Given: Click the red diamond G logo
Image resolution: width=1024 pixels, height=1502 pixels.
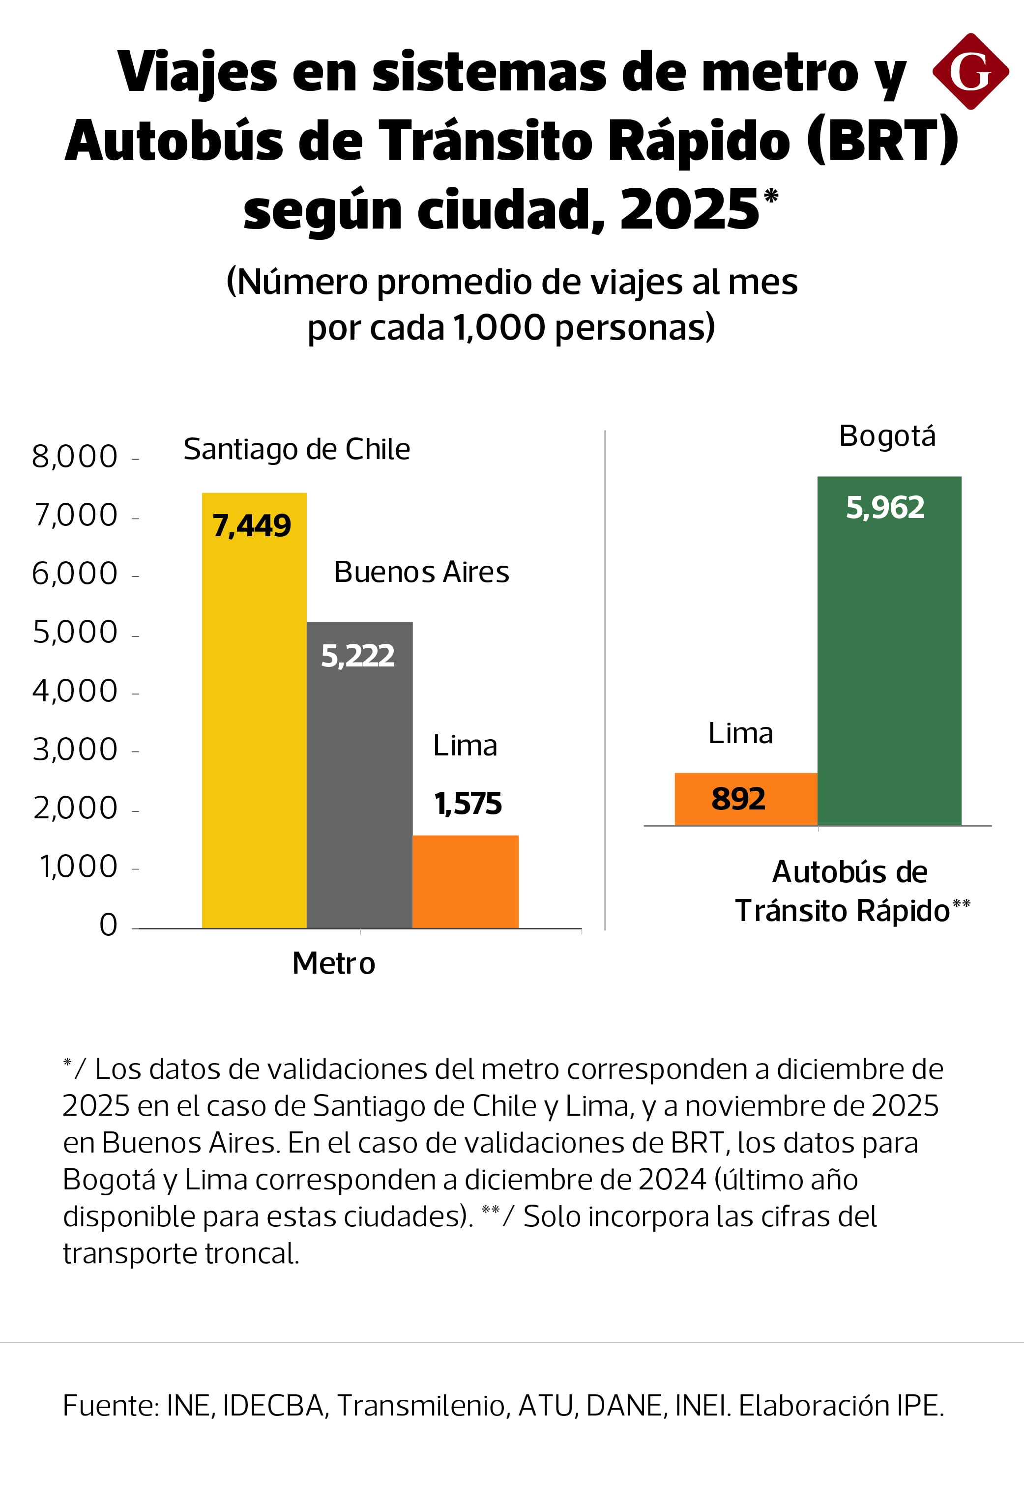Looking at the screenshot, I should pyautogui.click(x=970, y=71).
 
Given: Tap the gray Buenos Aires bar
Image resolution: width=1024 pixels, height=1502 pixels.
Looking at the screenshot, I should pyautogui.click(x=359, y=788).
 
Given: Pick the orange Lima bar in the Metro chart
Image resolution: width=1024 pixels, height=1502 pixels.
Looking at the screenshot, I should pyautogui.click(x=466, y=882).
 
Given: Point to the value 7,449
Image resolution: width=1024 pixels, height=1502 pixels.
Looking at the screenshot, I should pyautogui.click(x=252, y=525).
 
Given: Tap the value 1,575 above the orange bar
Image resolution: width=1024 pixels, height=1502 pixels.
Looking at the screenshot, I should pyautogui.click(x=468, y=804).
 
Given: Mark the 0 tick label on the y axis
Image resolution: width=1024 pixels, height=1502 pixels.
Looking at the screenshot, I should pyautogui.click(x=109, y=925).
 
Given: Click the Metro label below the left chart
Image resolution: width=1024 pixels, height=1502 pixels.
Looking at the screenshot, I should pyautogui.click(x=334, y=964).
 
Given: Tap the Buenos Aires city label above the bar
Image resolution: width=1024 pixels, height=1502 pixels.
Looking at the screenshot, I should pyautogui.click(x=421, y=572).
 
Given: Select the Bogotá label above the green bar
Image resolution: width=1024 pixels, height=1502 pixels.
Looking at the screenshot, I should pyautogui.click(x=887, y=436).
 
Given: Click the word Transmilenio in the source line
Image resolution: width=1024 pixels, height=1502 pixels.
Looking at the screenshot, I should pyautogui.click(x=421, y=1405).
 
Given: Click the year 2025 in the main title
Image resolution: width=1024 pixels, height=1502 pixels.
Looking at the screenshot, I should pyautogui.click(x=689, y=209).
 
